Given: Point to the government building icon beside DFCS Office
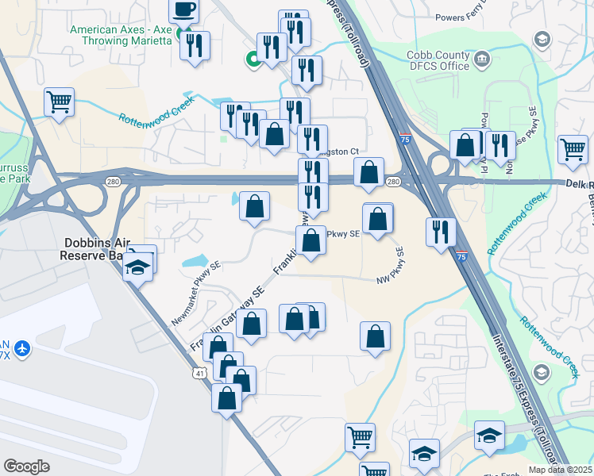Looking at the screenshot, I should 481,58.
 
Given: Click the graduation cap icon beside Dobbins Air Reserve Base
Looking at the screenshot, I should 138,267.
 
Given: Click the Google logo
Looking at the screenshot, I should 26,466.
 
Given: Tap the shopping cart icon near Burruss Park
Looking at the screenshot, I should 60,102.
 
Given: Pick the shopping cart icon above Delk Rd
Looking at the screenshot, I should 573,148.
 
